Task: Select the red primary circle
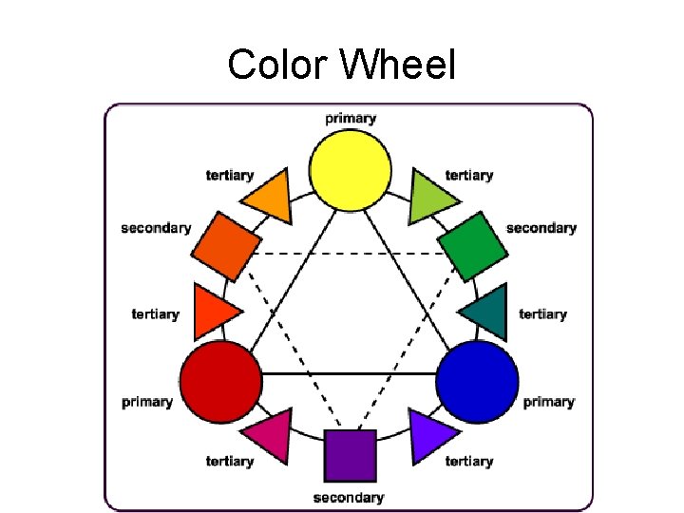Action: (220, 382)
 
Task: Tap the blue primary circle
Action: (478, 382)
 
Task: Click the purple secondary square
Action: (351, 455)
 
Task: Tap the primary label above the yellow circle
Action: (351, 119)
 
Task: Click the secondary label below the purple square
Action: (349, 497)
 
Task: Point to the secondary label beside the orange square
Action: (156, 228)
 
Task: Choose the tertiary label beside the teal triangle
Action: (543, 313)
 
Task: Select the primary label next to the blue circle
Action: (549, 402)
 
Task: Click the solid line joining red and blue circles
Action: (349, 374)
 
